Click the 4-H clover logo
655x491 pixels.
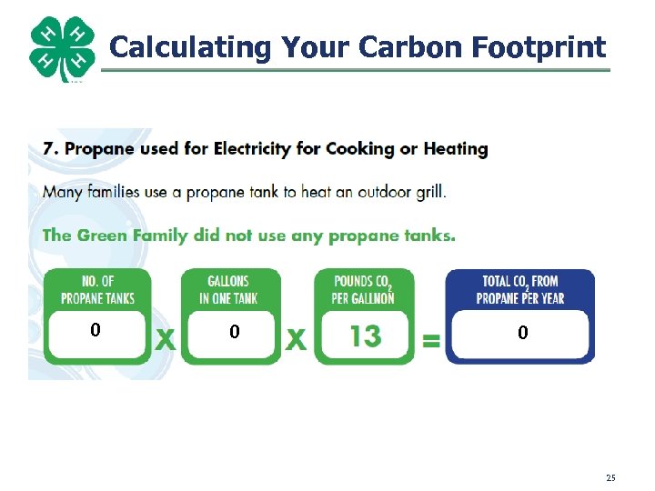tap(62, 49)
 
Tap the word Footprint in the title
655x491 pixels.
tap(538, 46)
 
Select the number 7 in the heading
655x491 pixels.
tap(48, 148)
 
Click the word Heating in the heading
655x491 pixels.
tap(456, 148)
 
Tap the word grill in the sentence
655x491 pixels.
tap(429, 192)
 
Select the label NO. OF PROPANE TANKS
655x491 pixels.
tap(97, 289)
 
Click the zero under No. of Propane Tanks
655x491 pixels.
tap(95, 331)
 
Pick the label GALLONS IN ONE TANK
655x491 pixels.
tap(229, 289)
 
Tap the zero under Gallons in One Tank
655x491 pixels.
tap(234, 333)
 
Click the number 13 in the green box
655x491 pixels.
tap(365, 336)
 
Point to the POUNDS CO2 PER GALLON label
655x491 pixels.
tap(365, 289)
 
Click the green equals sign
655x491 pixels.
tap(430, 341)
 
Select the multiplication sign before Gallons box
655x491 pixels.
tap(165, 339)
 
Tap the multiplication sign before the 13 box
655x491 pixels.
tap(297, 339)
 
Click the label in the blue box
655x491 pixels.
tap(521, 289)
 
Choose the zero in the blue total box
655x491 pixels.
tap(522, 334)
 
